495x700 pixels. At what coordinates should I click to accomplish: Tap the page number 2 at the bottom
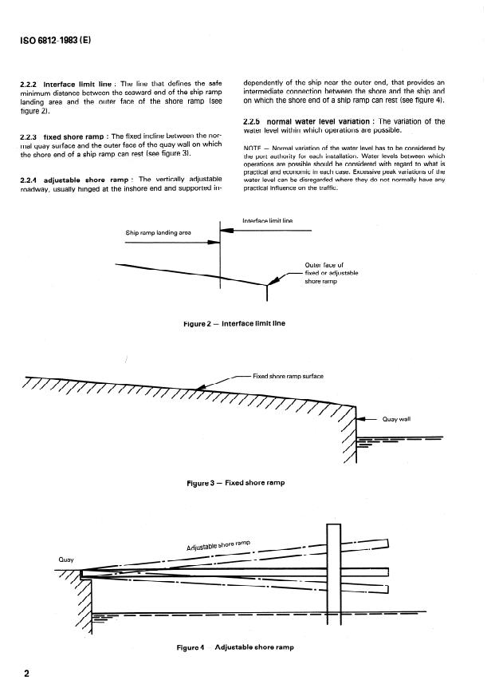click(27, 674)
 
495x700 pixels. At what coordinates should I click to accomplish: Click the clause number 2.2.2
click(29, 83)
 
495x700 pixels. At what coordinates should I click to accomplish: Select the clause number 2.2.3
click(29, 136)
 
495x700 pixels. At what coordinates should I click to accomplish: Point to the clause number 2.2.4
click(29, 180)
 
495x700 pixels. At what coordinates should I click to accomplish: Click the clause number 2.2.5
click(253, 121)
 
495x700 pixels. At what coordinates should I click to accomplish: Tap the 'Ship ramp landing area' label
click(159, 233)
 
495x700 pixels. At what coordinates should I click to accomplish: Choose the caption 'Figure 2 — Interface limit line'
click(234, 323)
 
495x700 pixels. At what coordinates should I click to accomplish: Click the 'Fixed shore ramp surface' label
click(288, 376)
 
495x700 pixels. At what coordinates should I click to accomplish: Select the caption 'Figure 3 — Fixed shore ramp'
click(235, 483)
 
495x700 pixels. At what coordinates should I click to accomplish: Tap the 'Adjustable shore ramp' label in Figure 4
click(218, 547)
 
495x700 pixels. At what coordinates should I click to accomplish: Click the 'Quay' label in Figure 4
click(66, 560)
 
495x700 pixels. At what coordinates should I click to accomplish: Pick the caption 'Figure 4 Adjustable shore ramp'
click(234, 647)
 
